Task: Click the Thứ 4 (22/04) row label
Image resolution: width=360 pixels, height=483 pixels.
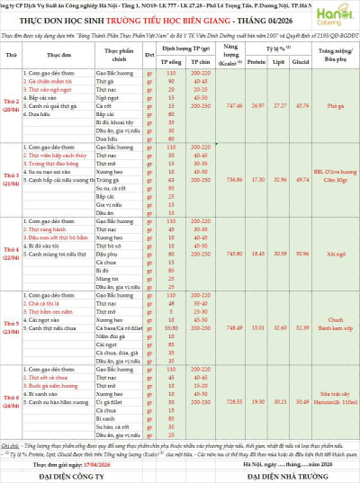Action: click(x=13, y=254)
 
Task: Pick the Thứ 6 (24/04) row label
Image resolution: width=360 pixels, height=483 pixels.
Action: click(x=13, y=404)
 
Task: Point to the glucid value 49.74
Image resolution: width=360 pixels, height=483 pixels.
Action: click(x=301, y=179)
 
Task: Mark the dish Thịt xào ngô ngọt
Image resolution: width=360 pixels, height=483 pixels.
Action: click(x=36, y=90)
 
